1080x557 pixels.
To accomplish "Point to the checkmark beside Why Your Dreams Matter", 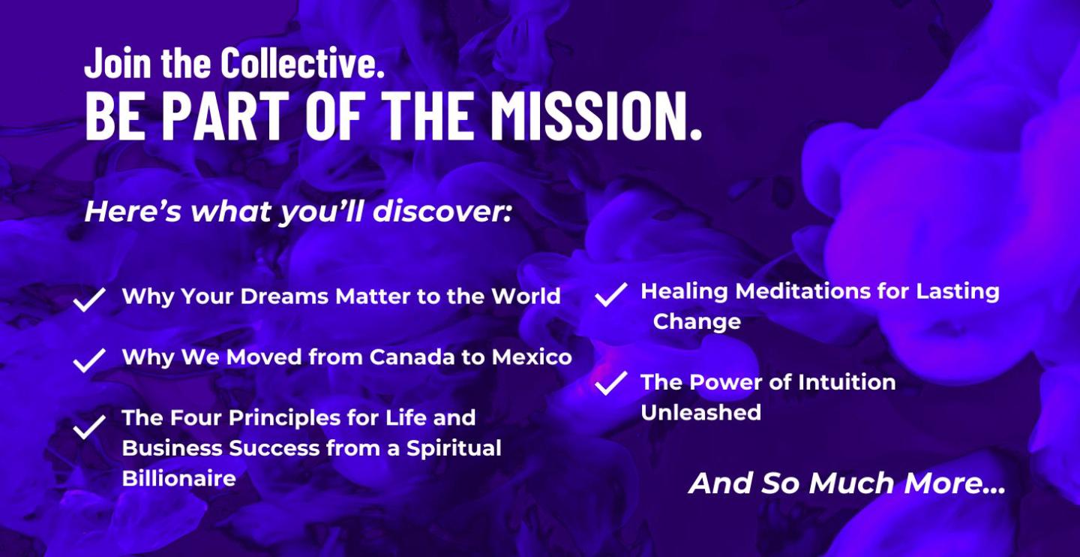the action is [x=90, y=300].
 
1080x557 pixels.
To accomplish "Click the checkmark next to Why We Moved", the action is [x=90, y=360].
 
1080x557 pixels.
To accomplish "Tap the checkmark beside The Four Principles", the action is [x=90, y=427].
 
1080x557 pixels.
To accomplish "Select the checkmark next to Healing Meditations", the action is [x=611, y=294].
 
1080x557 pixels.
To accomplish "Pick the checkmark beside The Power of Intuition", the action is [x=611, y=384].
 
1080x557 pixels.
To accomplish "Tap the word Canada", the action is [x=411, y=357].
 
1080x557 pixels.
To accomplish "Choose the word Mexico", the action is [x=532, y=357].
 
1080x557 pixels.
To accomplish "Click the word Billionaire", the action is [x=178, y=478].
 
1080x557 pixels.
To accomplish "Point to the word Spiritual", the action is [x=454, y=448].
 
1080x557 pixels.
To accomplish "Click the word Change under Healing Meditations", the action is [x=697, y=321].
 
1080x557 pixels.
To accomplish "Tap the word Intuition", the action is [x=847, y=382].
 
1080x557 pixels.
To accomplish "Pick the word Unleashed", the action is [x=701, y=413].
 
